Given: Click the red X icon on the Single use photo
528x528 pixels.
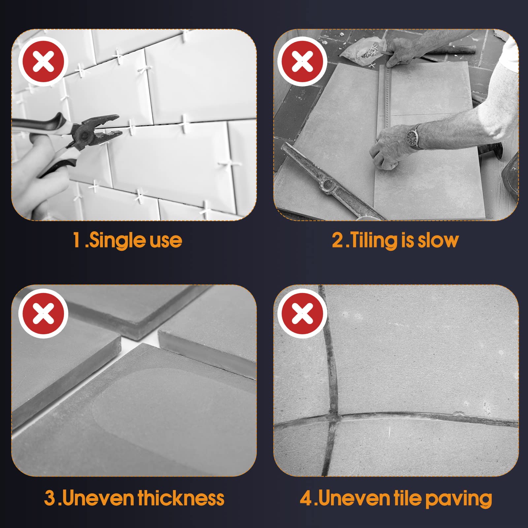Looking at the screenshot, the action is (43, 62).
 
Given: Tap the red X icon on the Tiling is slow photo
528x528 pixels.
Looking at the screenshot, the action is (302, 62).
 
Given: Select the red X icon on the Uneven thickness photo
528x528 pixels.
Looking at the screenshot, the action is (43, 313).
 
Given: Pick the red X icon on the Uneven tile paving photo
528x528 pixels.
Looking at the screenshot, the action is (302, 313).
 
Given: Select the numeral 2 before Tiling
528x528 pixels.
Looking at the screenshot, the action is (338, 240).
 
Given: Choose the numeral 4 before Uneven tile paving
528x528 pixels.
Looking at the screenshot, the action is (306, 498).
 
